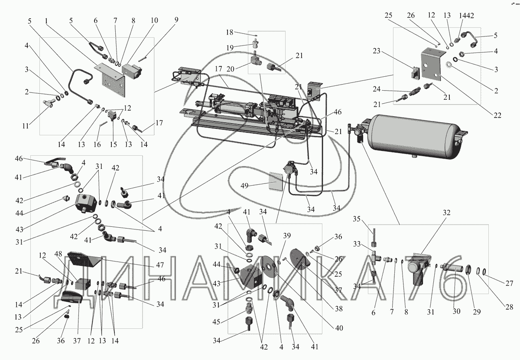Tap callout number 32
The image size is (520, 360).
(x=446, y=213)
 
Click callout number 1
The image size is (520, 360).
(x=46, y=21)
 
